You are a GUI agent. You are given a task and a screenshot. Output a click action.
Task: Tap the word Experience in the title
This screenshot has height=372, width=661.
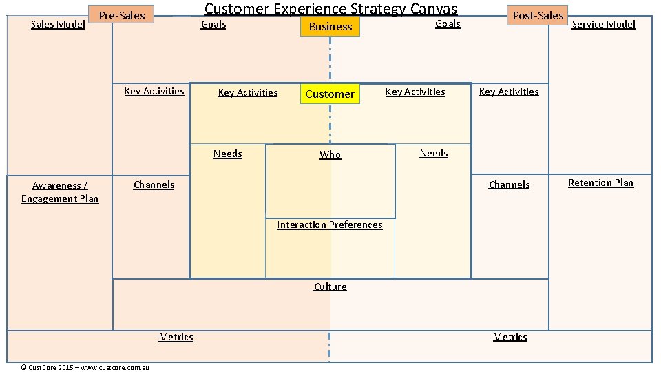[x=310, y=9]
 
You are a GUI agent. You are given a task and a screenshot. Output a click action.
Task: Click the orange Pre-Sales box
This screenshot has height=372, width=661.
[x=122, y=15]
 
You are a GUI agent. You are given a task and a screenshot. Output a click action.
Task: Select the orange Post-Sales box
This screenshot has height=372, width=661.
[x=538, y=15]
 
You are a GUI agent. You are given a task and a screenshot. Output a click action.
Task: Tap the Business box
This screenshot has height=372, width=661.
[x=330, y=27]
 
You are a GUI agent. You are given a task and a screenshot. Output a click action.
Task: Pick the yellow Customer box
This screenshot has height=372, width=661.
[x=330, y=94]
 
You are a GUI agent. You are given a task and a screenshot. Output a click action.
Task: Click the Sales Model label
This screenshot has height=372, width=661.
[x=59, y=24]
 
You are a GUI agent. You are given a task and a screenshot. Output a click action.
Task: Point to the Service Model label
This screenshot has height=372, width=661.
[x=604, y=24]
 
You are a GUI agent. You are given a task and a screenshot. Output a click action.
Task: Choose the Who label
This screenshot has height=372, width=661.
[x=330, y=154]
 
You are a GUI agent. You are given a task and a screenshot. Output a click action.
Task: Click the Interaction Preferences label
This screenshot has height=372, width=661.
[x=329, y=225]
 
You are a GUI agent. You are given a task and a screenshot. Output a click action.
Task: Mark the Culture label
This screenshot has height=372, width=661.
[x=330, y=287]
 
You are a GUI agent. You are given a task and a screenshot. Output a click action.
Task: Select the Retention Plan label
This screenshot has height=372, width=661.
[x=600, y=183]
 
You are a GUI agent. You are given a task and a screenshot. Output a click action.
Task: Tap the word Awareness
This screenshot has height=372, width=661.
[x=57, y=185]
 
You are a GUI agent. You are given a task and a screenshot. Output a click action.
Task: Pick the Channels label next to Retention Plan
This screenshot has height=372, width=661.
[x=509, y=185]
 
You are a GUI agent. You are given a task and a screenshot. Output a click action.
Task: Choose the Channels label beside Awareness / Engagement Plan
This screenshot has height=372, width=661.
[x=154, y=185]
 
